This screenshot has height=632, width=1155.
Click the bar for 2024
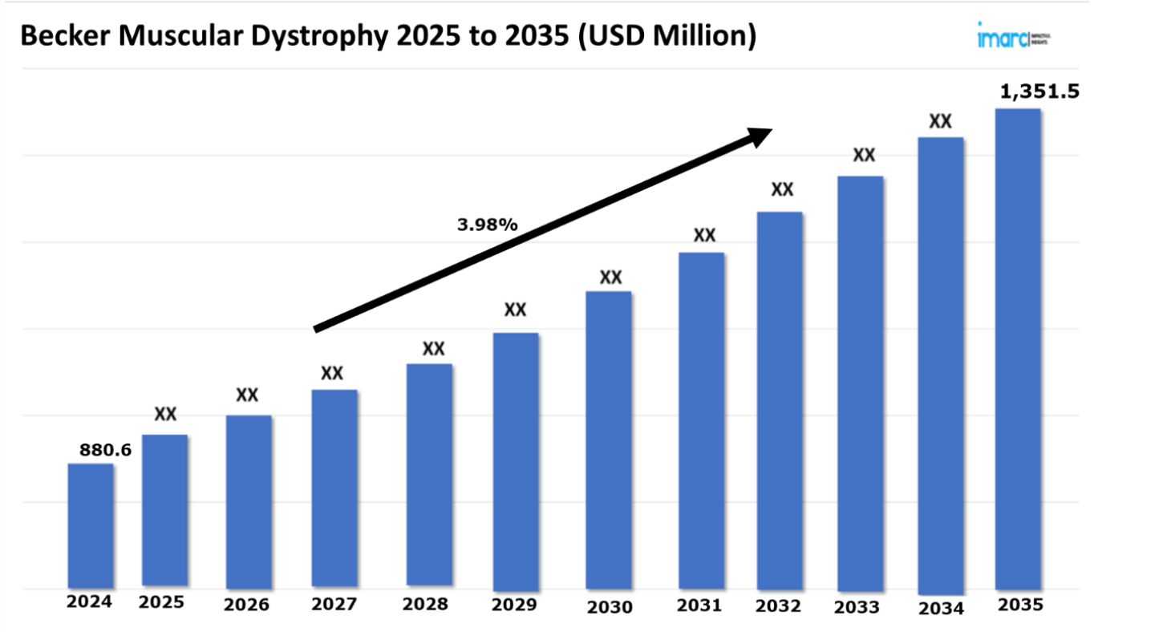(x=90, y=525)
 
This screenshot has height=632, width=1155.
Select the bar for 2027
(x=334, y=488)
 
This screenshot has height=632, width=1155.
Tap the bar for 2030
(x=609, y=440)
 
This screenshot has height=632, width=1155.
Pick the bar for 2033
(x=860, y=383)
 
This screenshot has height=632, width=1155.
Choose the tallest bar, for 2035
(x=1018, y=349)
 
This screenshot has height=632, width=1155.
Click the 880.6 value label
(x=105, y=451)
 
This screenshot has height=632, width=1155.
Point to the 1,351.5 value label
(x=1039, y=91)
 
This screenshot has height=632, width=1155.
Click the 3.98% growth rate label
(x=488, y=225)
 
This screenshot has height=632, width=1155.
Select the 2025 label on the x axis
(x=161, y=602)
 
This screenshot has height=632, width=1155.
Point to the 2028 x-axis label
(x=425, y=604)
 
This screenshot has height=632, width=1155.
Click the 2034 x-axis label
(x=941, y=607)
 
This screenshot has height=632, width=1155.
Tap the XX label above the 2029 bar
(x=515, y=310)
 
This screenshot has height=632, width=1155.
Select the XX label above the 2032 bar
(x=782, y=190)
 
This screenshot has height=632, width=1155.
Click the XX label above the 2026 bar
(x=247, y=395)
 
